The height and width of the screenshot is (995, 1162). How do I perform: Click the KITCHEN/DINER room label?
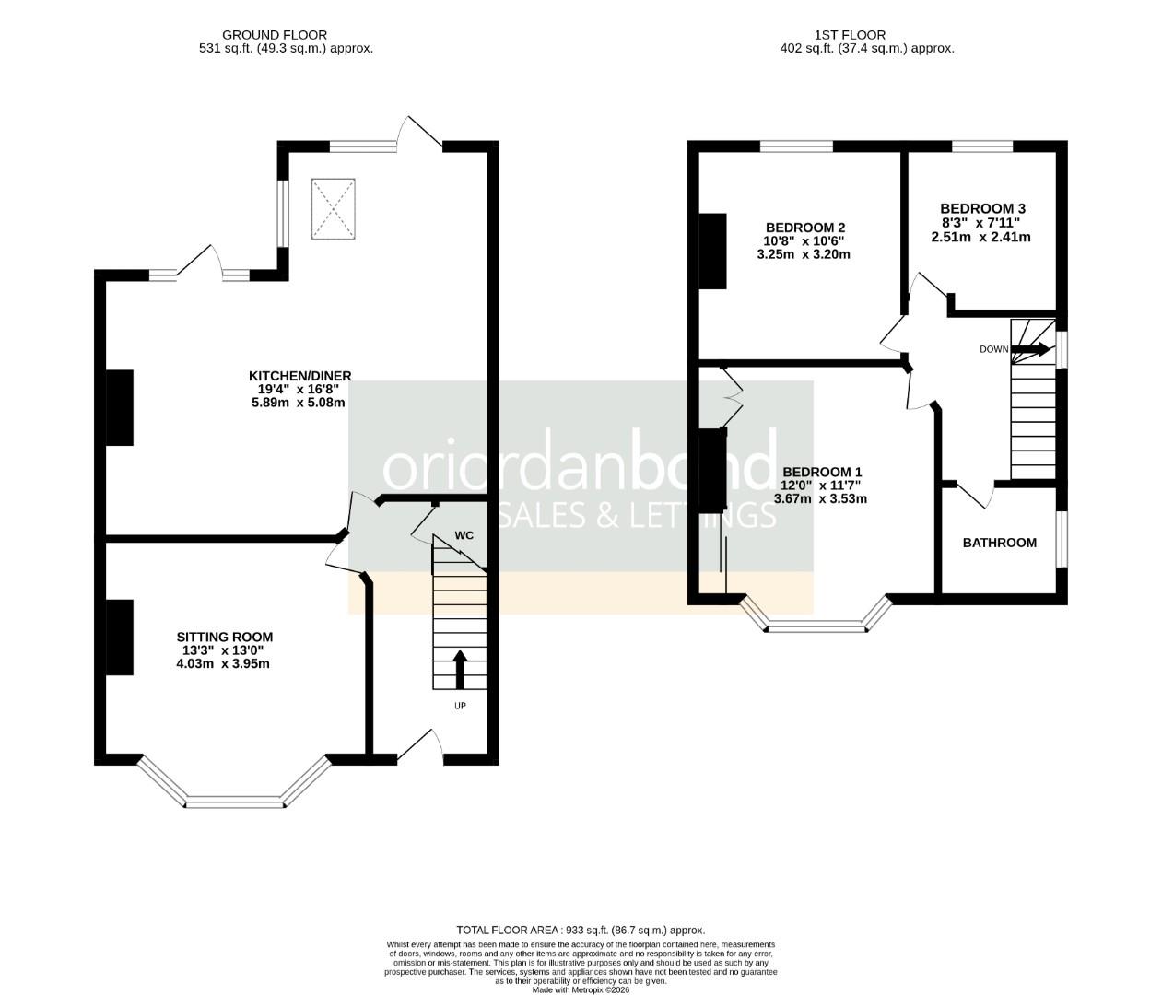(x=299, y=375)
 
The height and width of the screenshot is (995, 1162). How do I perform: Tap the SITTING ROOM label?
(x=225, y=637)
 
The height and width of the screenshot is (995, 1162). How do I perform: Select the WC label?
(x=464, y=535)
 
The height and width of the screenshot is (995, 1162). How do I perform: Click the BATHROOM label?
(x=999, y=543)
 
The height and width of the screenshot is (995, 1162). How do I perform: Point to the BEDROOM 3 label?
(x=982, y=209)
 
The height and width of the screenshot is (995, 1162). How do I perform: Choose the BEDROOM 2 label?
(x=804, y=228)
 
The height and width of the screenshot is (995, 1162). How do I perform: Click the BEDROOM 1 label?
(x=820, y=472)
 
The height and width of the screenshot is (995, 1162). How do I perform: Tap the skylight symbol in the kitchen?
(x=333, y=209)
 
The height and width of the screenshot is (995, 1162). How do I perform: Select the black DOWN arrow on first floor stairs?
(x=1031, y=349)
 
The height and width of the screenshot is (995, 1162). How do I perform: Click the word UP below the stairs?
(x=460, y=707)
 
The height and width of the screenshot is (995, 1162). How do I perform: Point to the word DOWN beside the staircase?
(x=993, y=349)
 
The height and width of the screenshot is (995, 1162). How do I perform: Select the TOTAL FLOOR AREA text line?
(x=581, y=931)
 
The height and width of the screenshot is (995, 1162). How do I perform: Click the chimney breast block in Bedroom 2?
(x=713, y=251)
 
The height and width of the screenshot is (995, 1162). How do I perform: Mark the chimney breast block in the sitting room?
(x=120, y=637)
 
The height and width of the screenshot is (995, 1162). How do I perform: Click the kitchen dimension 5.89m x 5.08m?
(x=299, y=403)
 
